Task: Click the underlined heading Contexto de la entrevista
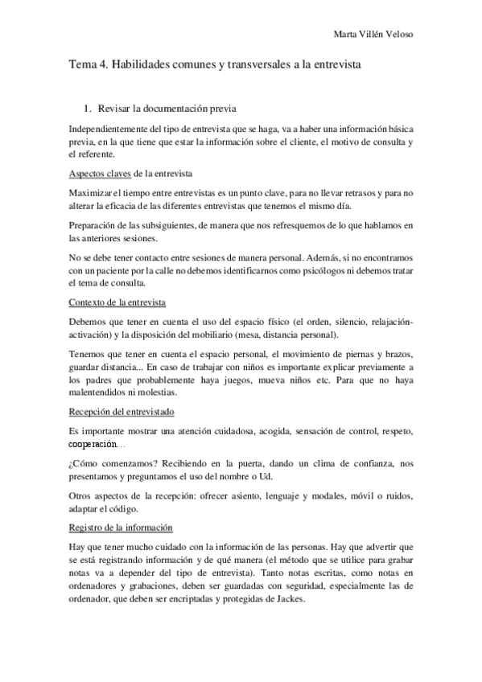coord(117,302)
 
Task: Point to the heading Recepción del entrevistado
coord(122,410)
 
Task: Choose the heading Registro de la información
coord(120,528)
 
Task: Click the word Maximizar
coord(94,192)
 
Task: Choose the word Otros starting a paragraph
coord(81,496)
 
